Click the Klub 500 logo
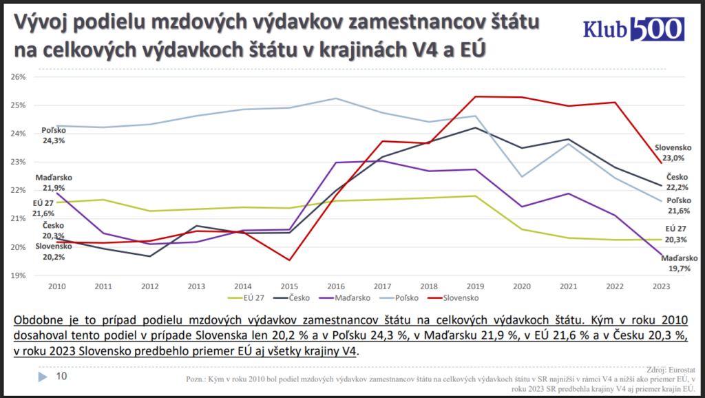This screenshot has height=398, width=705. [x=633, y=28]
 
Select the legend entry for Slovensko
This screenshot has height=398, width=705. [x=456, y=298]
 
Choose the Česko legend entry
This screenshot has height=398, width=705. [x=297, y=298]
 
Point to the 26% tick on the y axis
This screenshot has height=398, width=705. [x=18, y=76]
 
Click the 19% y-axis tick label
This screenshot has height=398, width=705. [x=18, y=275]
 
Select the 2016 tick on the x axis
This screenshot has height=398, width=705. [x=335, y=285]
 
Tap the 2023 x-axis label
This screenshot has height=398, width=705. [x=662, y=285]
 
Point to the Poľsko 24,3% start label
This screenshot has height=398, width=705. [x=53, y=135]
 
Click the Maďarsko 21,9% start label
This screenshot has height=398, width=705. [x=52, y=182]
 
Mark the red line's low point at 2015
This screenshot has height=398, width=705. [x=289, y=260]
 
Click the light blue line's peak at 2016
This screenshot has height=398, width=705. [x=335, y=98]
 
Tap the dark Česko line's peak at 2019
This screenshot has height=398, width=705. [x=474, y=127]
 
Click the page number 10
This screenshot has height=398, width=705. [x=61, y=376]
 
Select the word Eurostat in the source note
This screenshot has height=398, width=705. [x=681, y=370]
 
